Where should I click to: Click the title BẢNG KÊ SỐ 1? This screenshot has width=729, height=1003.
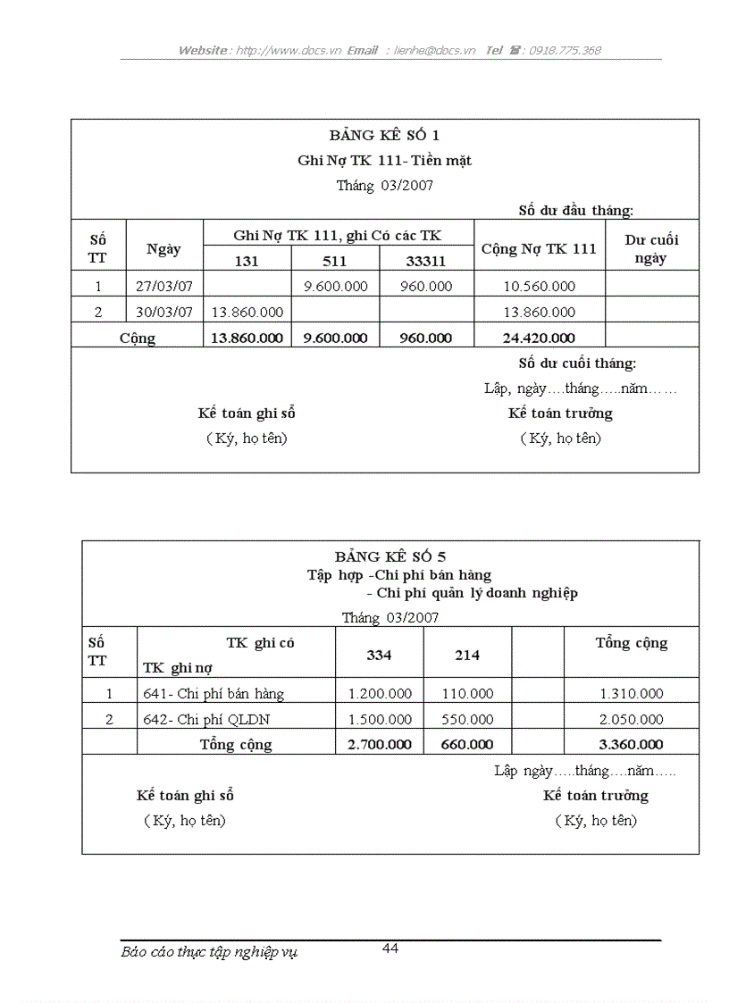point(384,136)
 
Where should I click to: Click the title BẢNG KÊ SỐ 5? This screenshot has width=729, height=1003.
point(390,557)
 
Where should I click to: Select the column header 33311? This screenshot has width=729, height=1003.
point(425,261)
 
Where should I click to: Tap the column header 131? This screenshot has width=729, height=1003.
point(247,261)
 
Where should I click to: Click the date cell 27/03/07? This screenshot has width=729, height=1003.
point(164,287)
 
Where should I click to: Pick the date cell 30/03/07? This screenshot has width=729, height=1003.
point(164,313)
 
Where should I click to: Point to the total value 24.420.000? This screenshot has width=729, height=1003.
point(539,338)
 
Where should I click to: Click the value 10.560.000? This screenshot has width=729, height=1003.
point(539,287)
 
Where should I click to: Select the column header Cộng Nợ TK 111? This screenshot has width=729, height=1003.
point(539,249)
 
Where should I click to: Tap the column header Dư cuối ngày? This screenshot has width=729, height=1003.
point(651,249)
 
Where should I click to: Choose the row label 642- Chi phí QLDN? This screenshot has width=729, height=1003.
point(206,719)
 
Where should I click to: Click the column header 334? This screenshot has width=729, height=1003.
point(379,655)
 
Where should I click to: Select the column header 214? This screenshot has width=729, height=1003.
point(467,655)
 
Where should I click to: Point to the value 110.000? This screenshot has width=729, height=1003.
point(467,693)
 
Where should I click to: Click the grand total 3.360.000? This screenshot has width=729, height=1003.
point(631,744)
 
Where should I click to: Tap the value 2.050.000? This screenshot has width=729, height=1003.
point(631,719)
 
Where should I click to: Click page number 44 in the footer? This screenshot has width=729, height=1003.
point(390,949)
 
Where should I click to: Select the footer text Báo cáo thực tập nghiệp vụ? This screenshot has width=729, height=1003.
point(209,952)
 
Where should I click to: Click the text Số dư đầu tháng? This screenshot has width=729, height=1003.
point(576,211)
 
